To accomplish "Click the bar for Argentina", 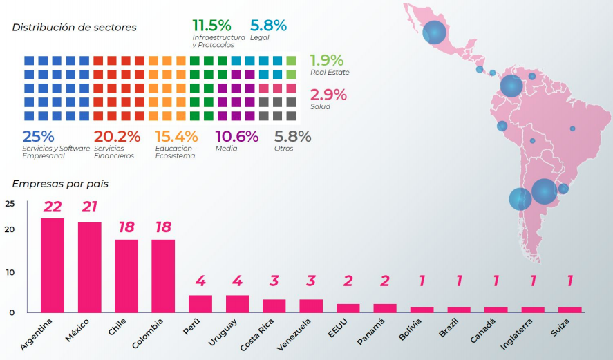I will pyautogui.click(x=53, y=265).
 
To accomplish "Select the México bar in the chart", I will pyautogui.click(x=89, y=267).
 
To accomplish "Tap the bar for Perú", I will pyautogui.click(x=200, y=304).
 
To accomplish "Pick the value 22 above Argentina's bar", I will pyautogui.click(x=53, y=207).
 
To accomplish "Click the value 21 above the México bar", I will pyautogui.click(x=89, y=207).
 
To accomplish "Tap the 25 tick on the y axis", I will pyautogui.click(x=9, y=204).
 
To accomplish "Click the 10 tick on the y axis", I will pyautogui.click(x=9, y=272).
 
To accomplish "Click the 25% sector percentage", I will pyautogui.click(x=38, y=136).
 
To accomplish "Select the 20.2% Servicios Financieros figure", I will pyautogui.click(x=117, y=136).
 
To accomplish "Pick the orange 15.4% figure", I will pyautogui.click(x=176, y=136).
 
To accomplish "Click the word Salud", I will pyautogui.click(x=320, y=106).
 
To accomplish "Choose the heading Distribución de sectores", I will pyautogui.click(x=75, y=28).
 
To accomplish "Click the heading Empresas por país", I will pyautogui.click(x=60, y=184).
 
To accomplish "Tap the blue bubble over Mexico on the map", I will pyautogui.click(x=435, y=32).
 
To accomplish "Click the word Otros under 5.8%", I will pyautogui.click(x=283, y=148).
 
